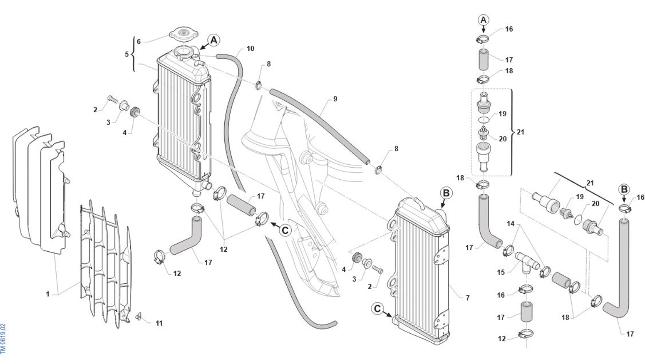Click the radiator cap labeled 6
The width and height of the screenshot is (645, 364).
pyautogui.click(x=184, y=35)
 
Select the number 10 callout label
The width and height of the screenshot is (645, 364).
pyautogui.click(x=251, y=49)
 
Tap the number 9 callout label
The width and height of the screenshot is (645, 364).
pyautogui.click(x=335, y=99)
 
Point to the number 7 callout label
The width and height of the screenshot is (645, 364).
pyautogui.click(x=468, y=298)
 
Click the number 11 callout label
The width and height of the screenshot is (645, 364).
pyautogui.click(x=159, y=323)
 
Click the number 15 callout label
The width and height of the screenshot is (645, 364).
pyautogui.click(x=501, y=272)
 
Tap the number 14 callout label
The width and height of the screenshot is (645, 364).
pyautogui.click(x=511, y=224)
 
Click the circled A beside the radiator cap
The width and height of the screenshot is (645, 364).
pyautogui.click(x=214, y=40)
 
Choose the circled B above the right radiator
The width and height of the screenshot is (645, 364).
pyautogui.click(x=446, y=193)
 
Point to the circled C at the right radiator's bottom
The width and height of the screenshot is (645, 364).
pyautogui.click(x=377, y=309)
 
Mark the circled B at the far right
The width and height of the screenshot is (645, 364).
pyautogui.click(x=624, y=190)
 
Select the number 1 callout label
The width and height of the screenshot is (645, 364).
pyautogui.click(x=48, y=294)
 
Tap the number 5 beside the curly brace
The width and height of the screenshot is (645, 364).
pyautogui.click(x=127, y=54)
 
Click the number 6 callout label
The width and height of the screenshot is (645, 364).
pyautogui.click(x=139, y=42)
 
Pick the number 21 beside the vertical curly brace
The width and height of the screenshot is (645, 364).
pyautogui.click(x=520, y=132)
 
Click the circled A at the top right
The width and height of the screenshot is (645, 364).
pyautogui.click(x=484, y=20)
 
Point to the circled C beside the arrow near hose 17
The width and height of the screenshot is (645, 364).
pyautogui.click(x=285, y=230)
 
